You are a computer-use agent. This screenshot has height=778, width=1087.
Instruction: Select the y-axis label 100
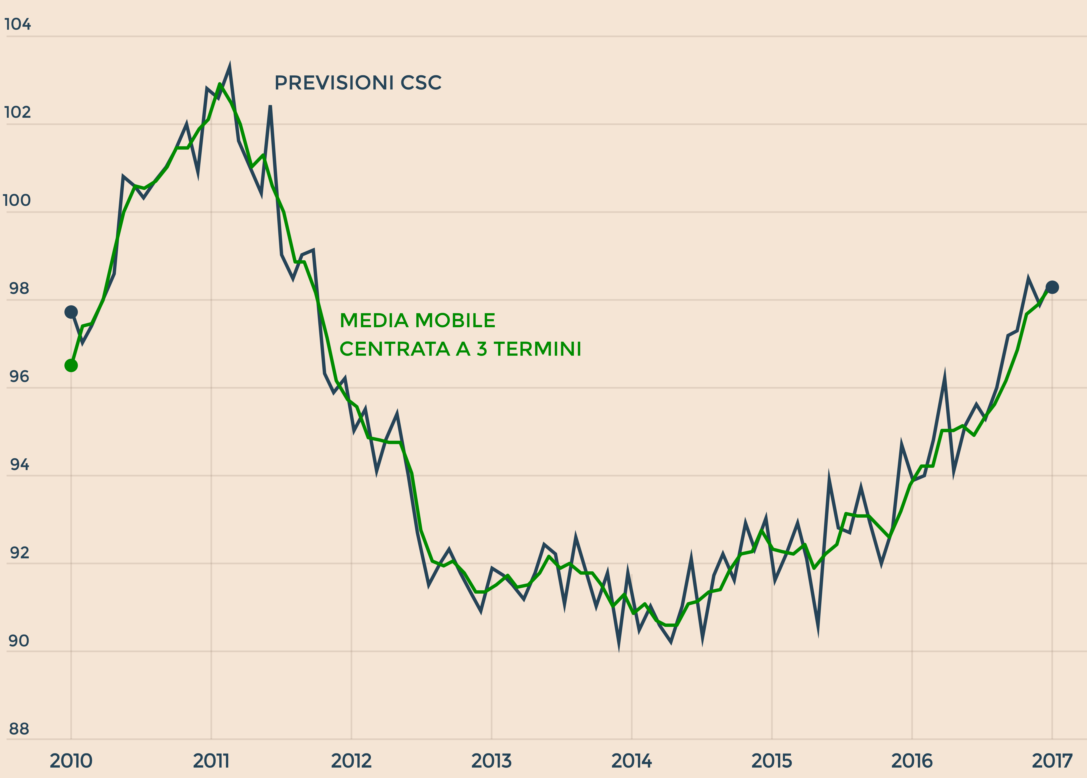coord(17,200)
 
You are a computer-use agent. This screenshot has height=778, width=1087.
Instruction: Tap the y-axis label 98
coord(19,288)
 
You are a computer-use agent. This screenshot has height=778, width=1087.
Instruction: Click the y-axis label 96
coord(19,377)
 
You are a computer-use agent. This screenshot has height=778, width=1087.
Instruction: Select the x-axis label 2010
coord(71,761)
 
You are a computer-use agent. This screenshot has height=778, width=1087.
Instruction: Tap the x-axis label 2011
coord(211,761)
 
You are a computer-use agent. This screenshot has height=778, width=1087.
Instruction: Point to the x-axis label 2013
coord(491,761)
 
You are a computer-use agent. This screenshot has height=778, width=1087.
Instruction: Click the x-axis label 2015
coord(772,761)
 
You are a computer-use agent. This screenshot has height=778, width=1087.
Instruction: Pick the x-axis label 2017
coord(1052,761)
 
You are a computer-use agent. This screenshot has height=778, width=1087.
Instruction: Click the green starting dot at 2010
coord(71,366)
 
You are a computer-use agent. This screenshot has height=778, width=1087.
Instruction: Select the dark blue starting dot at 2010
coord(71,312)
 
